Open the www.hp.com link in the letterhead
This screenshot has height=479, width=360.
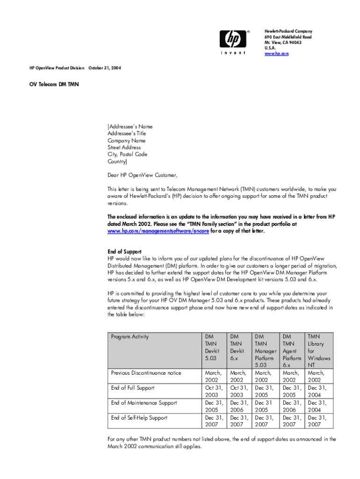tap(276, 54)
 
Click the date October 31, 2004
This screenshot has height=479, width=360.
tap(105, 68)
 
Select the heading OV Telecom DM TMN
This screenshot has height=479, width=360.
tap(51, 85)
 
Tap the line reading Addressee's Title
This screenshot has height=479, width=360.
tap(127, 133)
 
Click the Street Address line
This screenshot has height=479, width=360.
tap(124, 147)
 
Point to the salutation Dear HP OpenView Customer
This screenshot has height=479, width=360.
tap(143, 175)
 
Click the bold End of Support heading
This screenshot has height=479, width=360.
tap(124, 252)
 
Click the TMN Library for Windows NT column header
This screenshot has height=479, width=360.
tap(319, 350)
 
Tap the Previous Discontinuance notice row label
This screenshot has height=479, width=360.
tap(146, 373)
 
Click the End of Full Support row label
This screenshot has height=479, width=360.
tap(132, 388)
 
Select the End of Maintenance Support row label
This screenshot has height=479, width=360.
tap(144, 403)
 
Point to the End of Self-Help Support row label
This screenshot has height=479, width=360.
tap(139, 418)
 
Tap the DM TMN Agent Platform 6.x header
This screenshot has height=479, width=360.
tap(292, 350)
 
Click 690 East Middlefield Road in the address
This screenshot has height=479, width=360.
tap(288, 36)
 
